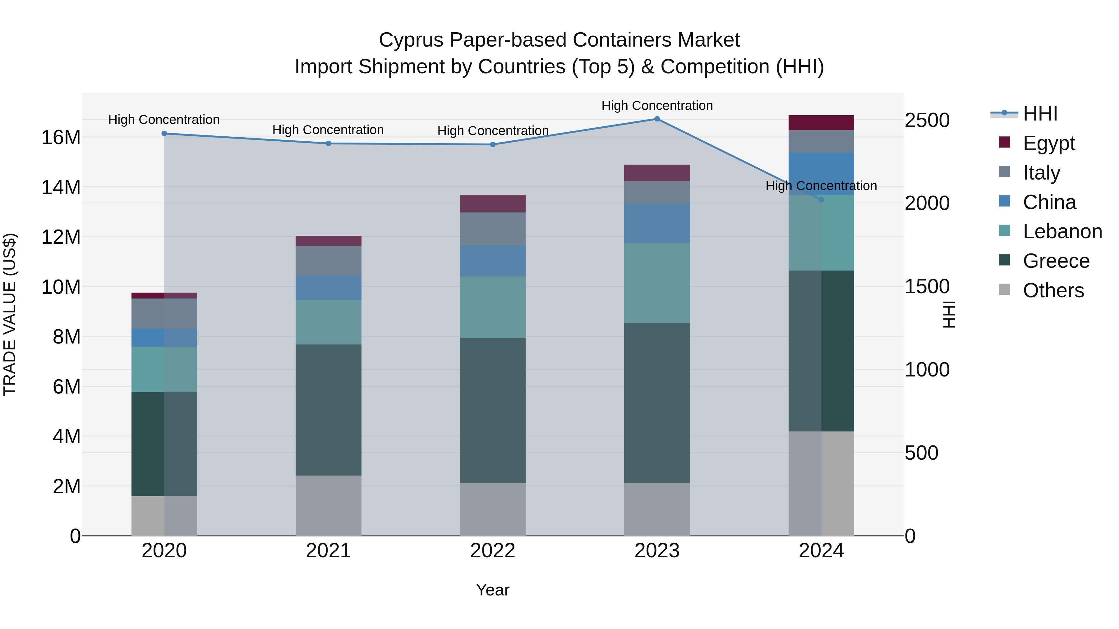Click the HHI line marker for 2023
click(657, 119)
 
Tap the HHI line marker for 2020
click(164, 134)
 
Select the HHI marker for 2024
click(821, 200)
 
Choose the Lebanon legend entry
click(1062, 231)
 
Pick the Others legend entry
click(1053, 290)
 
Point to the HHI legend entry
click(1040, 114)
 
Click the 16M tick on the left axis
click(61, 138)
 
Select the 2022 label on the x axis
click(493, 551)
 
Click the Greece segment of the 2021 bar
click(329, 410)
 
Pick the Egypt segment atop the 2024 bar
click(821, 123)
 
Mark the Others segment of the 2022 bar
click(493, 509)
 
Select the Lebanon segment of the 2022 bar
click(493, 307)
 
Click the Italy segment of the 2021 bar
click(329, 261)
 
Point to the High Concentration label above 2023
click(657, 106)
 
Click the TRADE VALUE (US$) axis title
click(10, 314)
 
